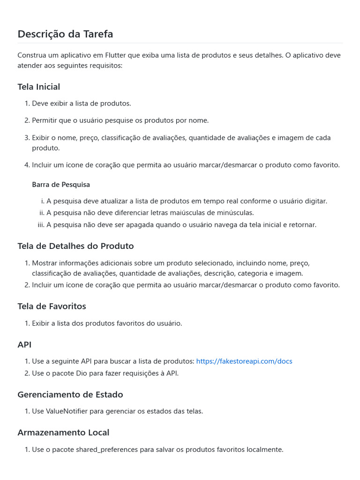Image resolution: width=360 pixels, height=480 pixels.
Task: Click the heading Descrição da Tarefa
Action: click(x=65, y=34)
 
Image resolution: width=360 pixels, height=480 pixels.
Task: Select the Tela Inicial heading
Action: click(x=39, y=87)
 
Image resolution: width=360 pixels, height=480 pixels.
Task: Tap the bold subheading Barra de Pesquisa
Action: click(x=61, y=185)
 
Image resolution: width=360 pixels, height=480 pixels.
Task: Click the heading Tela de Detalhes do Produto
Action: click(x=75, y=246)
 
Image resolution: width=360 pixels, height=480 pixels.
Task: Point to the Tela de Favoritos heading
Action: click(x=52, y=306)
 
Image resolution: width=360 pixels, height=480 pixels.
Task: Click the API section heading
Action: click(x=24, y=345)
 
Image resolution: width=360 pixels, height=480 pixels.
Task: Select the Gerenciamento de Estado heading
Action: click(x=70, y=395)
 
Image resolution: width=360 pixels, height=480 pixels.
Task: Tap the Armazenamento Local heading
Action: click(x=63, y=432)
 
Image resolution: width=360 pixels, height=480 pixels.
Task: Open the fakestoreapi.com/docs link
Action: click(x=244, y=361)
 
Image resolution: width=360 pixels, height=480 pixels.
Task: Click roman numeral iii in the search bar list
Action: click(x=41, y=225)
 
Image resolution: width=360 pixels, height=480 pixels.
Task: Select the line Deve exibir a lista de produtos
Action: click(x=82, y=104)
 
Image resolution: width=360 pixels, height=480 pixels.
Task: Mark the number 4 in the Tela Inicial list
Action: click(x=27, y=165)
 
